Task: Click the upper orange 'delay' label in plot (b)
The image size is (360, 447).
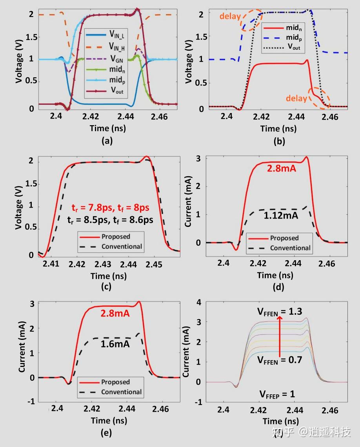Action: pyautogui.click(x=231, y=16)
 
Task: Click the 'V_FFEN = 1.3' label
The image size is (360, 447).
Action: pyautogui.click(x=280, y=312)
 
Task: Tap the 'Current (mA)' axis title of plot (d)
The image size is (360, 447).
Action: pyautogui.click(x=189, y=201)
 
